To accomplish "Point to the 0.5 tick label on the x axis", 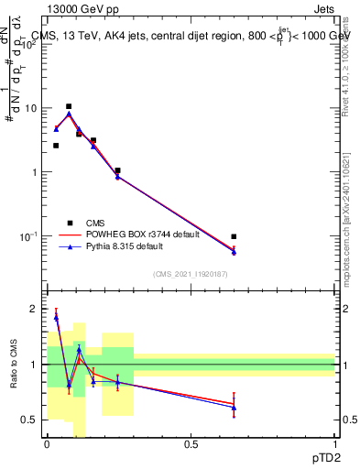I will pos(191,443).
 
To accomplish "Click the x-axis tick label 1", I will pos(334,443).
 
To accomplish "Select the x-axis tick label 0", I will pos(47,443).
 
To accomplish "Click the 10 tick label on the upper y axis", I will pos(29,108).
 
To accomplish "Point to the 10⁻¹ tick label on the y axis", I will pos(27,236).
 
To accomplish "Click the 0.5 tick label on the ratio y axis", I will pos(29,420).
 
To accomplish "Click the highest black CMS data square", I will pos(69,106).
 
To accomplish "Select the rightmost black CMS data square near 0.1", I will pos(234,236).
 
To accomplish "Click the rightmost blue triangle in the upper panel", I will pos(234,252).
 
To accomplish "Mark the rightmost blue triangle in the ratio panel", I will pos(234,407).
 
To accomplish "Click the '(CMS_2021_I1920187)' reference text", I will pos(191,276).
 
